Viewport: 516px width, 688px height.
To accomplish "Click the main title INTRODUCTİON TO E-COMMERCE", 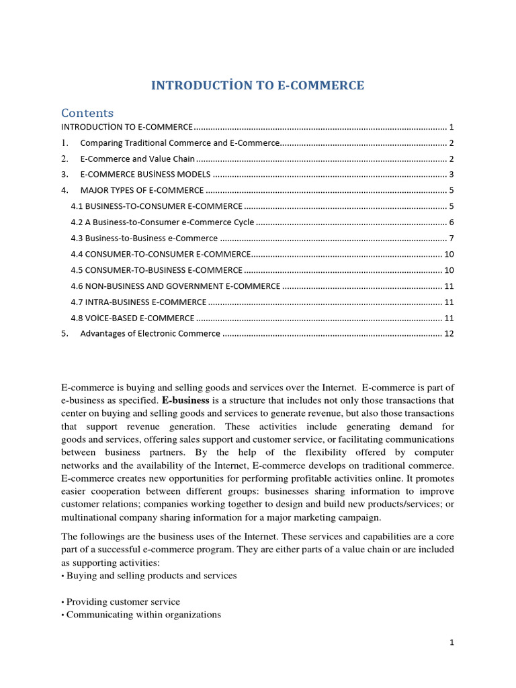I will coord(257,85).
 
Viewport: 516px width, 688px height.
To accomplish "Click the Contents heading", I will coord(87,113).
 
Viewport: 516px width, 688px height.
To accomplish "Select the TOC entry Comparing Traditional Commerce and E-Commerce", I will coord(179,143).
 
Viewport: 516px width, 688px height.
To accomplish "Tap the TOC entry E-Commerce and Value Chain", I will coord(137,159).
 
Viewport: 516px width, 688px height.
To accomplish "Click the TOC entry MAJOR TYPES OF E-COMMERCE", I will coord(142,191).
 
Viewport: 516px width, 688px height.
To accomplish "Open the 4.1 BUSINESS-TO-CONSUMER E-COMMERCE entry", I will coord(157,206).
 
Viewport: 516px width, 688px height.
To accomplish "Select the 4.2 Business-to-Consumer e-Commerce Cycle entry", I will coord(163,222).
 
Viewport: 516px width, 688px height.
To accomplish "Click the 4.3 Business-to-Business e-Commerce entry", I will coord(144,239).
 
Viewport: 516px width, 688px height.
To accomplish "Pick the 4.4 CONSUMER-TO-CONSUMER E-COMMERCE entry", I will coord(161,254).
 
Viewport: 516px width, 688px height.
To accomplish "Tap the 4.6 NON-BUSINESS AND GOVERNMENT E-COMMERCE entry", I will coord(175,286).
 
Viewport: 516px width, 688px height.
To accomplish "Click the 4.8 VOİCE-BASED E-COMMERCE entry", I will coord(133,318).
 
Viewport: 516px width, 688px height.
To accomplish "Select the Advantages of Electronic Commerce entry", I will coord(150,334).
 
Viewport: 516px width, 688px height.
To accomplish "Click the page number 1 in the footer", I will coord(452,642).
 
